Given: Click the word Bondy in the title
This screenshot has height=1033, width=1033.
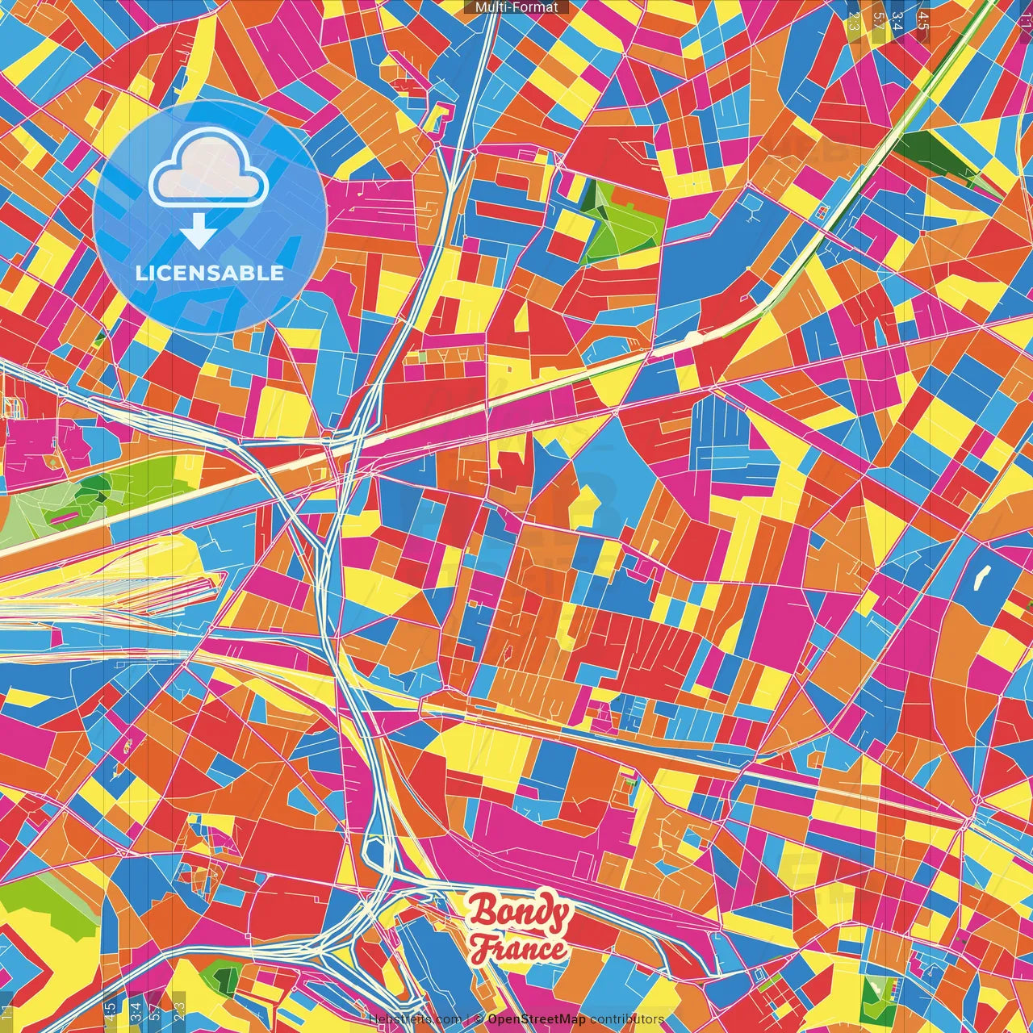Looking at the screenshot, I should [x=519, y=913].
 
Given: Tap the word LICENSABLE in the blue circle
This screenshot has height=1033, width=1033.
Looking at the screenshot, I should [x=209, y=273].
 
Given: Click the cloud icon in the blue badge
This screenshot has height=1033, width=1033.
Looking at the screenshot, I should [x=209, y=167].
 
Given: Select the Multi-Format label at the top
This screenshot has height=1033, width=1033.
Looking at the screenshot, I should [x=516, y=7].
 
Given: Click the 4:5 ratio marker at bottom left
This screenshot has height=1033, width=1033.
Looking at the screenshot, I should [x=110, y=1009].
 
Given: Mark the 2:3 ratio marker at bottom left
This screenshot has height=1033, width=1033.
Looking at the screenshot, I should [x=179, y=1009].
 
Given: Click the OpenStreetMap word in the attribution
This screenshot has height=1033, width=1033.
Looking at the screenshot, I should [x=536, y=1019].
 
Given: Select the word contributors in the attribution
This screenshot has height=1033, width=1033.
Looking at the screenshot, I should [x=627, y=1019].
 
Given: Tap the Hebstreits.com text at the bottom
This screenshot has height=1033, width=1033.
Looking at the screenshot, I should [x=414, y=1019].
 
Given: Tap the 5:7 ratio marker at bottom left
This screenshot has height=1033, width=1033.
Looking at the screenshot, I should [x=154, y=1009].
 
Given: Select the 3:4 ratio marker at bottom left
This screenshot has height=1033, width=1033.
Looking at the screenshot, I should [x=135, y=1009].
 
